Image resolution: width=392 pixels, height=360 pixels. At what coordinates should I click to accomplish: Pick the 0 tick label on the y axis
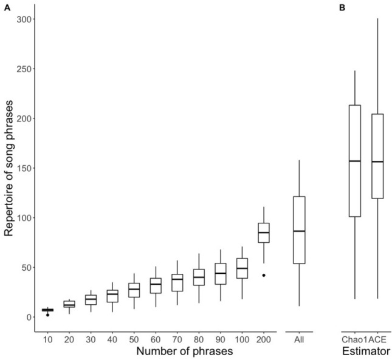28,317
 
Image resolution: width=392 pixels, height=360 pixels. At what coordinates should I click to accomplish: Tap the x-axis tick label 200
264,339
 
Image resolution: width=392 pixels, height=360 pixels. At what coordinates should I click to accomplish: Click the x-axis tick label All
298,339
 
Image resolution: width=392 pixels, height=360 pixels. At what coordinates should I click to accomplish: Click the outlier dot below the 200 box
264,275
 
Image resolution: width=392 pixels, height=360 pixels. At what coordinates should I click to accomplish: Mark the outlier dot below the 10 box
47,314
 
